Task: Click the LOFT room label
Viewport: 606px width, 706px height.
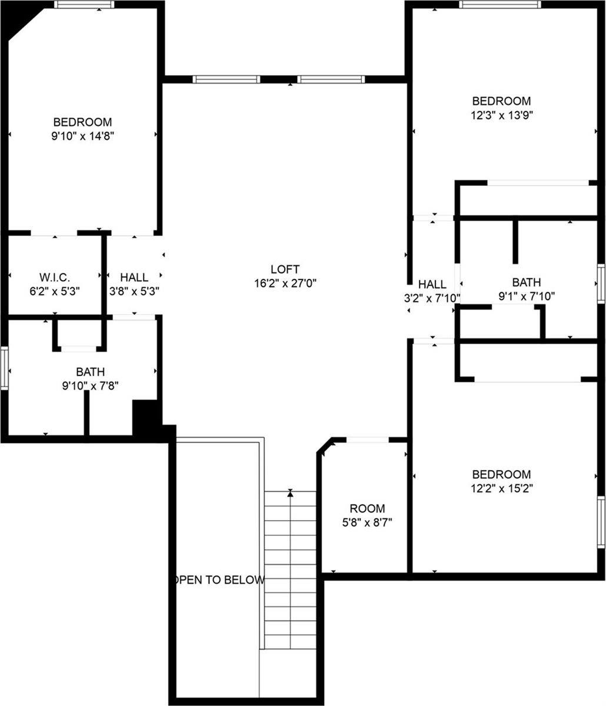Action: pos(285,269)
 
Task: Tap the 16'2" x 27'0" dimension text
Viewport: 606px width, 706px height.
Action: pos(285,283)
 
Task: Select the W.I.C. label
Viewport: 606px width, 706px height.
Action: pos(55,277)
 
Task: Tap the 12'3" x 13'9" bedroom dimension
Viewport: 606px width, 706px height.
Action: pos(501,115)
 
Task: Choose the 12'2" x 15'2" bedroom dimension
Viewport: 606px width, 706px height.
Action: pos(501,488)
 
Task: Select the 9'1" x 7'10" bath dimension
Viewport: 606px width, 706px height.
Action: pos(526,297)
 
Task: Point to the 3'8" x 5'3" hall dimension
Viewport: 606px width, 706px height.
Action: pos(134,291)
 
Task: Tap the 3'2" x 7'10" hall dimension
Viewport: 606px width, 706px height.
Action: pos(432,298)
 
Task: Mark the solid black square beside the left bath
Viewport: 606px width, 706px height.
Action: pos(145,417)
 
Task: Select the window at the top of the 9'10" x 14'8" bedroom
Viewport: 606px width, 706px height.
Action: pos(84,5)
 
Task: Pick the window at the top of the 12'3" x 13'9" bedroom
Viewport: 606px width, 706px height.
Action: pos(500,5)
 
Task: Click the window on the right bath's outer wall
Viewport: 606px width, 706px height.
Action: pos(601,284)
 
